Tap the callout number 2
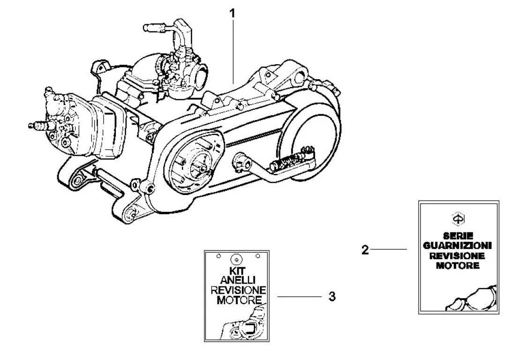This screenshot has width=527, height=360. click(365, 250)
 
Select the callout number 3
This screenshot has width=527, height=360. click(331, 297)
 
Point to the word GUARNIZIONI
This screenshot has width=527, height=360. click(458, 246)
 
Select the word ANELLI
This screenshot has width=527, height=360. click(235, 281)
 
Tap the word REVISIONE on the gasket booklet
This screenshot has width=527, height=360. click(458, 256)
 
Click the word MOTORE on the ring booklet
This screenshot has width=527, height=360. click(235, 300)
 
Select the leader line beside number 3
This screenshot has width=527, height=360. click(298, 297)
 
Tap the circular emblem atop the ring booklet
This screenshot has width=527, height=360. click(236, 258)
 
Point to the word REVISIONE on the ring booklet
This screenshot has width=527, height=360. click(235, 290)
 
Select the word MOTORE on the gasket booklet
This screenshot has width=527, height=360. click(458, 266)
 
